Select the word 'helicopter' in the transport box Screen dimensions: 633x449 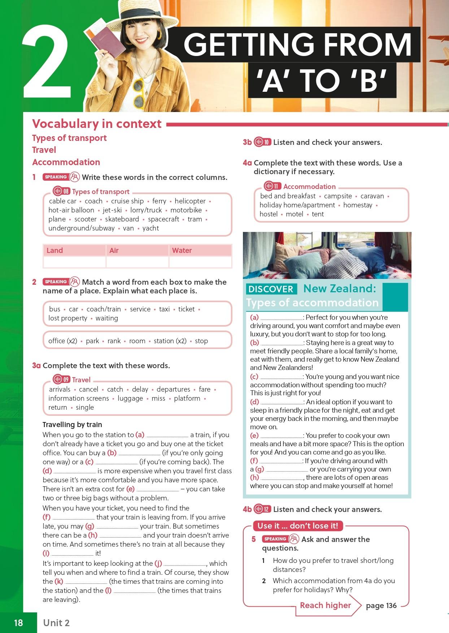[x=190, y=201]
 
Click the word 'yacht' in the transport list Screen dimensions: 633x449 [x=151, y=228]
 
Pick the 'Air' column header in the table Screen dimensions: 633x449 [x=114, y=250]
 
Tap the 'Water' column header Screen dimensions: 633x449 [x=182, y=250]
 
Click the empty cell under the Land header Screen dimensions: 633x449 [x=74, y=262]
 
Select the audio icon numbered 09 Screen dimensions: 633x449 [x=62, y=379]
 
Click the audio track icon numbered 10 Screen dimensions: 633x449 [x=262, y=142]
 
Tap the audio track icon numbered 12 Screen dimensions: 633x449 [x=262, y=509]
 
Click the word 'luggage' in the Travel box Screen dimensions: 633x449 [x=130, y=398]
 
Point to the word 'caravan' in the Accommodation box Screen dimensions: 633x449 [x=372, y=196]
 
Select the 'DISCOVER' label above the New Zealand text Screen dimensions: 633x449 [x=271, y=289]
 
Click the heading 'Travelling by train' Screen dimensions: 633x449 [x=72, y=425]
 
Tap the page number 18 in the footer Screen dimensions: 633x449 [x=18, y=623]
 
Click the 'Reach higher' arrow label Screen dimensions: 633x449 [x=326, y=605]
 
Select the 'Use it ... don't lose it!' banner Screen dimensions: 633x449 [x=298, y=526]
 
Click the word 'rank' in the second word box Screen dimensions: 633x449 [x=114, y=341]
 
